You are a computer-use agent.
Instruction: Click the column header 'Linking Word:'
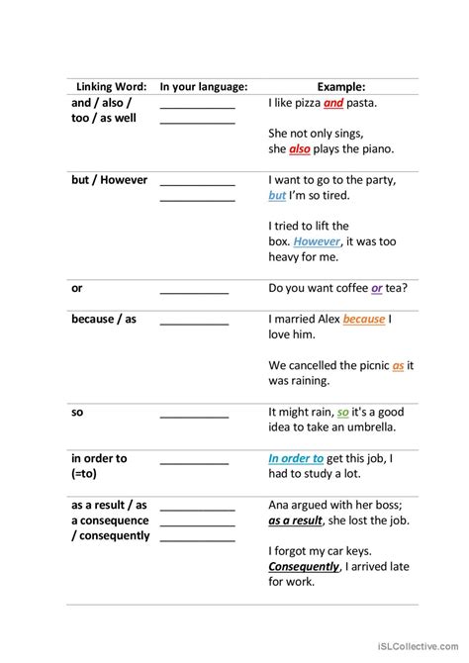(111, 87)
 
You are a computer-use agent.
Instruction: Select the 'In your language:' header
(204, 87)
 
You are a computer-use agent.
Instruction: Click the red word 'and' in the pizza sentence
(333, 102)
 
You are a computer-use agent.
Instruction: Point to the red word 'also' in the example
(300, 149)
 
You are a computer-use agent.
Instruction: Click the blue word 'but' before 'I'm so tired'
(277, 195)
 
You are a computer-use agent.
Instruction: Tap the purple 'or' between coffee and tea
(377, 288)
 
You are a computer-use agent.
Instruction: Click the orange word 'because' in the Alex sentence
(364, 320)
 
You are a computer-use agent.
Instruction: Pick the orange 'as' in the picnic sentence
(398, 365)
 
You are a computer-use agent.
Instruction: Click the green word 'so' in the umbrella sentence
(342, 412)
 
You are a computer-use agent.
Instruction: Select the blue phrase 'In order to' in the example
(296, 458)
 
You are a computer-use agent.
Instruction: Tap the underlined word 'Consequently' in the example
(304, 567)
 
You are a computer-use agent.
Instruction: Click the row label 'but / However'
(109, 180)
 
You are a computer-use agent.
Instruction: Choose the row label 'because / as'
(104, 320)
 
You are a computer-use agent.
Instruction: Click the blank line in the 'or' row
(194, 294)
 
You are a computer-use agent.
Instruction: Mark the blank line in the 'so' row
(194, 418)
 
